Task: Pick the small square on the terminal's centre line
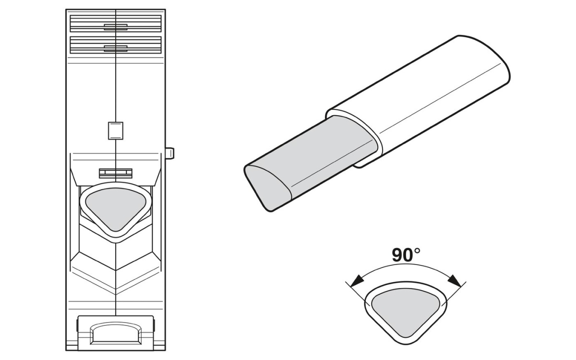115,131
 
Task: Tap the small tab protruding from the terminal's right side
170,153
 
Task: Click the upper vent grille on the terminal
116,24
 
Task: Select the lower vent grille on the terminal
116,45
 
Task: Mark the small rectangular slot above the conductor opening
115,172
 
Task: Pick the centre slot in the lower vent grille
116,47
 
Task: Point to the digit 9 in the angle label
397,255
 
